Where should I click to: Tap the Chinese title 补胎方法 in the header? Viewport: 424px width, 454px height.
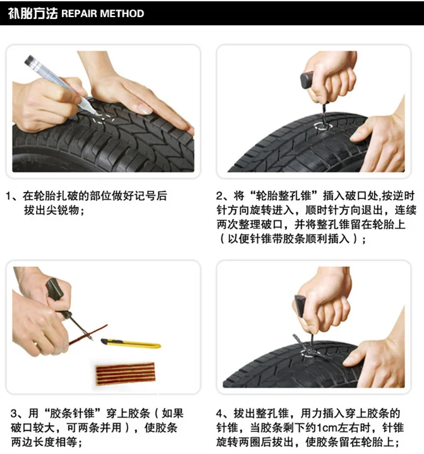pyautogui.click(x=33, y=13)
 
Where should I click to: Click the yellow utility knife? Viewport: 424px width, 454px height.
pyautogui.click(x=131, y=343)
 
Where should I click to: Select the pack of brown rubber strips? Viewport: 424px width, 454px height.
pyautogui.click(x=125, y=374)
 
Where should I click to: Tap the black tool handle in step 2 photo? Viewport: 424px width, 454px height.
pyautogui.click(x=307, y=80)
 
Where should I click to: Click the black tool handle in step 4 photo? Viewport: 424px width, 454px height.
pyautogui.click(x=300, y=306)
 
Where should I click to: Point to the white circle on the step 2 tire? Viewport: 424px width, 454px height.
pyautogui.click(x=323, y=126)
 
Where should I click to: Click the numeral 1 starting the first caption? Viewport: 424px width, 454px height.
pyautogui.click(x=9, y=196)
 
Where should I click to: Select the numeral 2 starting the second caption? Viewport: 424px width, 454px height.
pyautogui.click(x=219, y=196)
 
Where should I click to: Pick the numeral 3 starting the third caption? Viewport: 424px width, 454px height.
pyautogui.click(x=14, y=413)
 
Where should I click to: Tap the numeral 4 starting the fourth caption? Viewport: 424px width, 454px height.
pyautogui.click(x=220, y=413)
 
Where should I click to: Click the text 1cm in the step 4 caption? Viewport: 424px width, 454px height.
pyautogui.click(x=326, y=427)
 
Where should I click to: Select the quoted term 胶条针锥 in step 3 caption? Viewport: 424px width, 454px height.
pyautogui.click(x=73, y=413)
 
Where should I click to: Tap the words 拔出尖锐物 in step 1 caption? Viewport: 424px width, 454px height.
pyautogui.click(x=52, y=210)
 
